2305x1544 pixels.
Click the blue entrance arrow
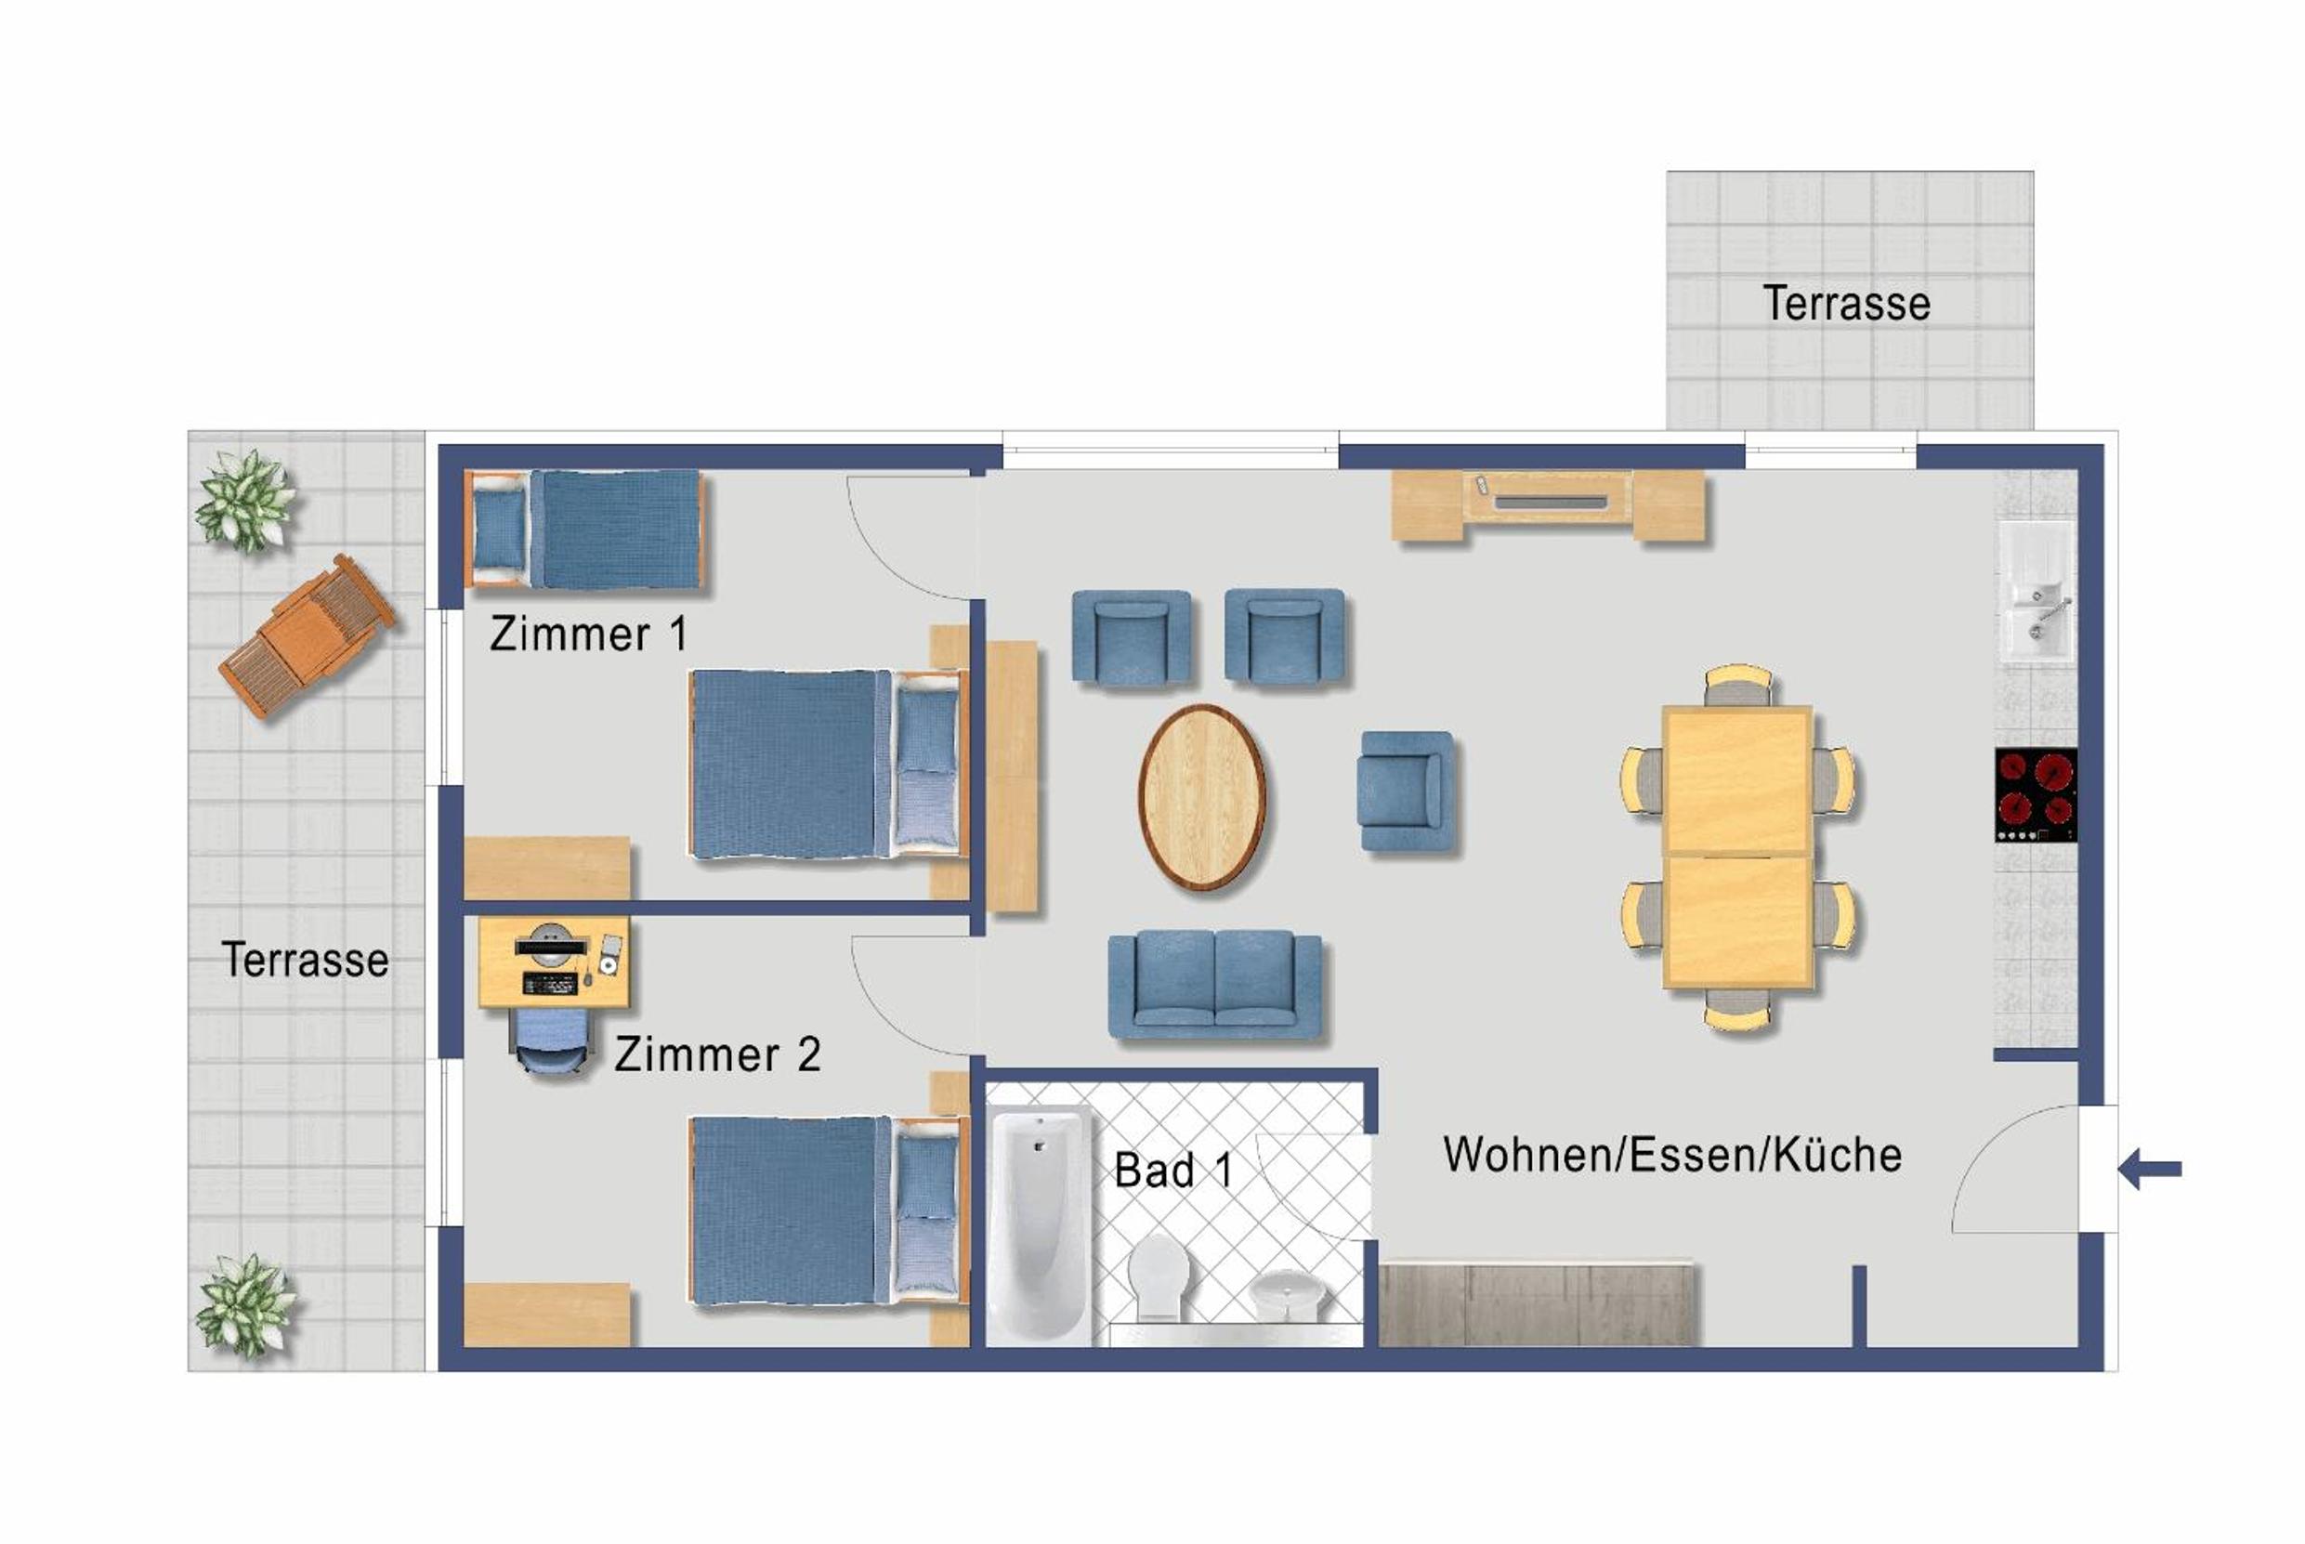(2151, 1170)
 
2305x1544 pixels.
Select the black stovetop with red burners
(2037, 794)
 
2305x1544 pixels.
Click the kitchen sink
(2037, 591)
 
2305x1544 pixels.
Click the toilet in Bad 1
(1158, 1278)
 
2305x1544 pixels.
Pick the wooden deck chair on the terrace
(308, 635)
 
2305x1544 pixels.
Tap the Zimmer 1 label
(588, 635)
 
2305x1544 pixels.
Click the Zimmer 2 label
(717, 1054)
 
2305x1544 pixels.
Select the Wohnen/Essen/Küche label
(1672, 1155)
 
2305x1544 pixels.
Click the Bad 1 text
(1172, 1170)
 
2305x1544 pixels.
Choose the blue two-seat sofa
(1215, 985)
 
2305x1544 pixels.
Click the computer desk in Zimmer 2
(554, 963)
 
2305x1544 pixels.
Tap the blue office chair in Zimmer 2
(553, 1040)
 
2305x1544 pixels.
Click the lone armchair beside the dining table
(1405, 791)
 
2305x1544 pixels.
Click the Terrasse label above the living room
(1846, 303)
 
